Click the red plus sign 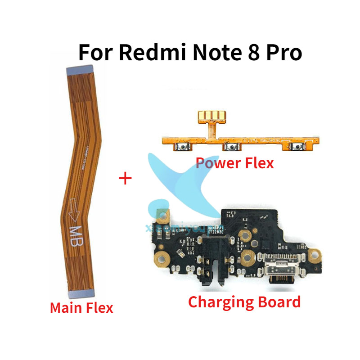125,179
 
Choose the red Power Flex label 234,162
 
